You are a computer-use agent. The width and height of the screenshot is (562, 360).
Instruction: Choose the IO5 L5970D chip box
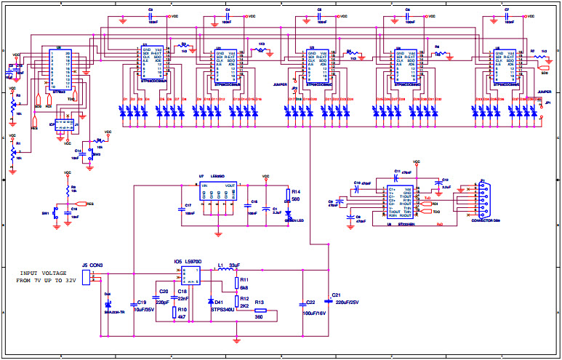click(190, 274)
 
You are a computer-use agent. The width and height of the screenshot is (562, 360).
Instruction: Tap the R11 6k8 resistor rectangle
click(236, 283)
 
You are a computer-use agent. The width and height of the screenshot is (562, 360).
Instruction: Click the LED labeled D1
click(124, 111)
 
